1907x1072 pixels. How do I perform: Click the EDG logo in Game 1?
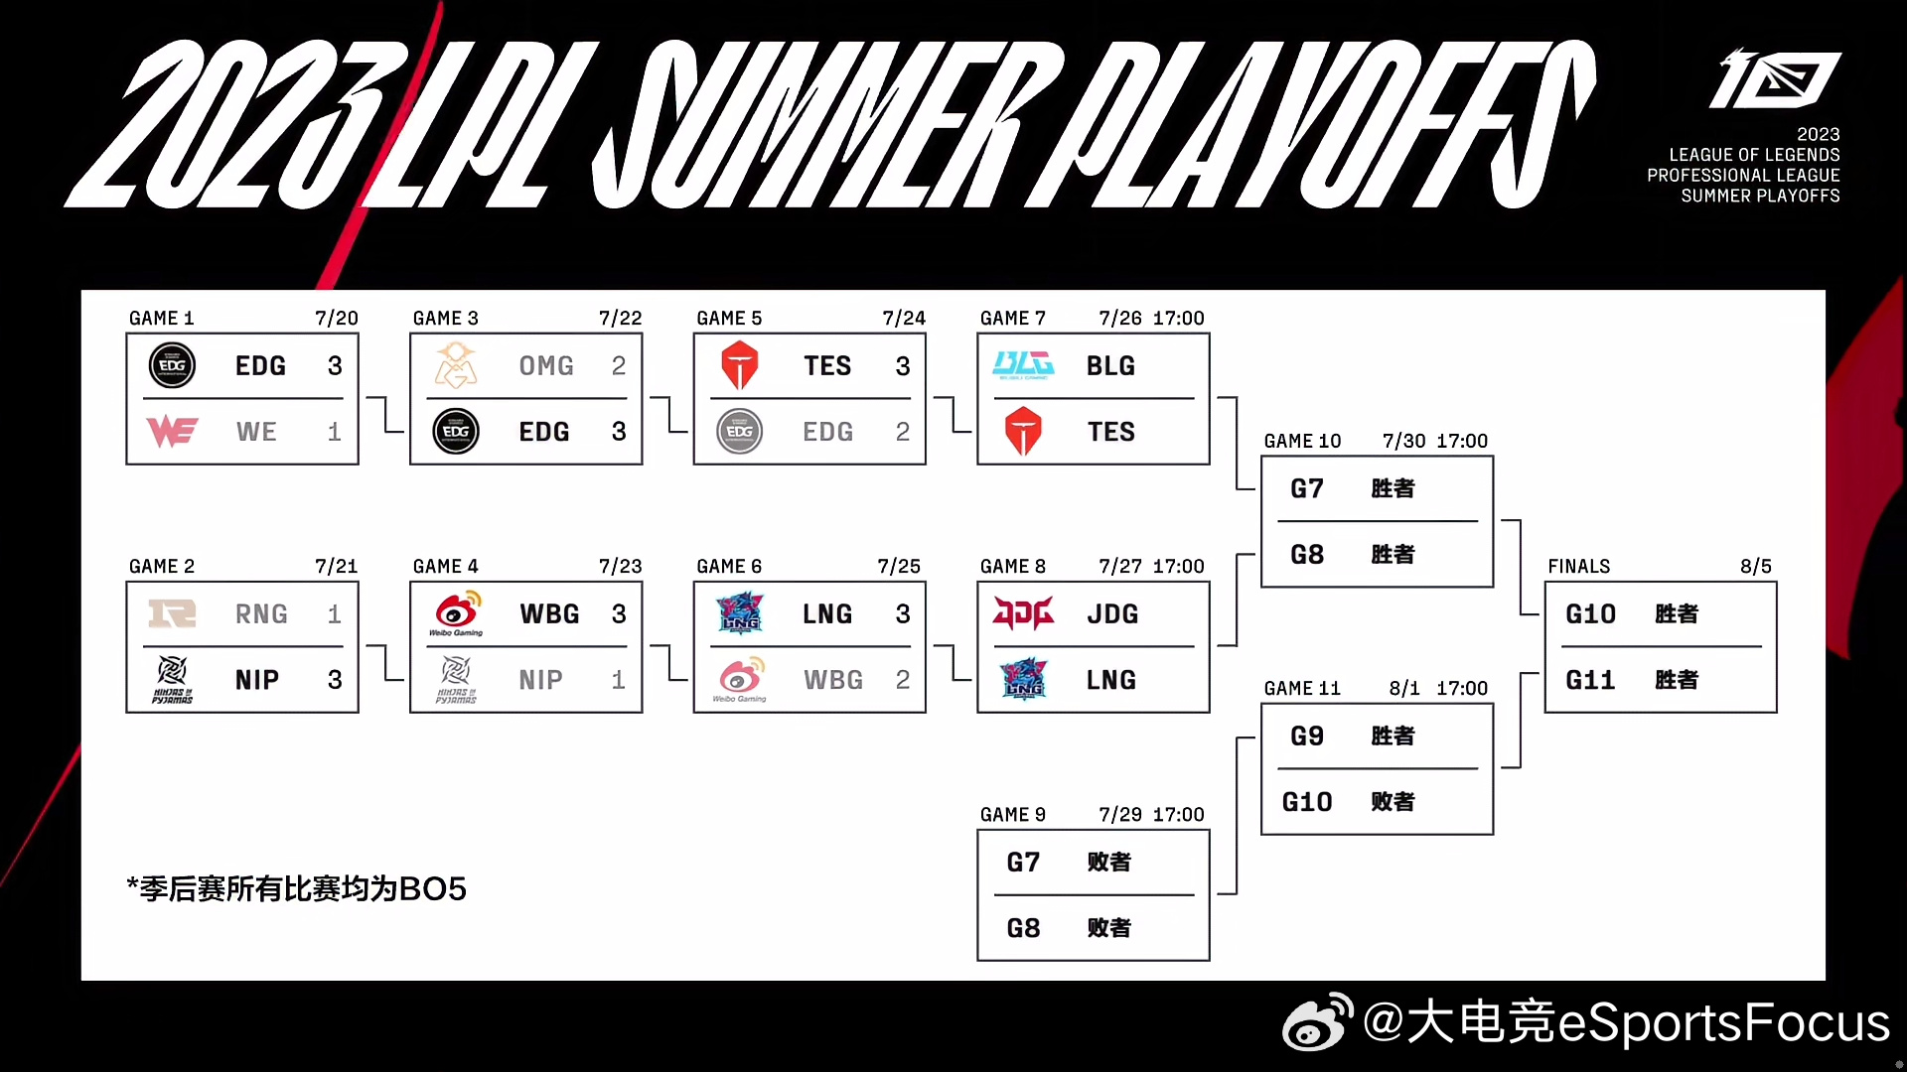pos(172,365)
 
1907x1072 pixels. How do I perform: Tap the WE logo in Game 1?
pos(172,432)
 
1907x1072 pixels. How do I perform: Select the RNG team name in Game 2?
pos(261,614)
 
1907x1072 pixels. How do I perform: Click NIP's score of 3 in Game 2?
pos(335,680)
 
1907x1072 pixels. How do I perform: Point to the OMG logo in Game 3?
pos(456,365)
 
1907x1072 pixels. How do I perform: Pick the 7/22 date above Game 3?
pos(620,318)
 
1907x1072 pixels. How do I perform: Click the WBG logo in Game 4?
pos(456,612)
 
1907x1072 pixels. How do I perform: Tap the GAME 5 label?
pos(729,318)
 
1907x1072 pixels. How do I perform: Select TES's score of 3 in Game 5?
pos(903,366)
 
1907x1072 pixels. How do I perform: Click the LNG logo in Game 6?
pos(740,613)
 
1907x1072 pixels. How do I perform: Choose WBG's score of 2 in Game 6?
pos(903,680)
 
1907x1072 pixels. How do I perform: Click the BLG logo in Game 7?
pos(1023,365)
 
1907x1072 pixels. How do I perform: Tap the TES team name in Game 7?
pos(1110,432)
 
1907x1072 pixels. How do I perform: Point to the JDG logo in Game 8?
pos(1023,613)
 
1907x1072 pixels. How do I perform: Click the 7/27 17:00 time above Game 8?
pos(1151,566)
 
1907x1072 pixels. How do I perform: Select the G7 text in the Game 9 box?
pos(1023,862)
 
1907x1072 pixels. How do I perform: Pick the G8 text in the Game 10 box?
pos(1307,554)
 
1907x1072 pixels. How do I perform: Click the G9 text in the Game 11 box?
pos(1307,736)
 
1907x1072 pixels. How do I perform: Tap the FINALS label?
pos(1578,566)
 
